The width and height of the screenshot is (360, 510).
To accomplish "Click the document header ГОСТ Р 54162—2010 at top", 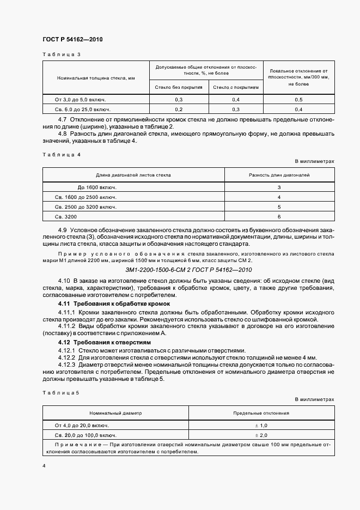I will [72, 40].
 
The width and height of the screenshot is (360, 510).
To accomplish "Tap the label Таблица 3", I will [61, 54].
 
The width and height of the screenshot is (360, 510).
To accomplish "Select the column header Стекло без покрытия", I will [179, 87].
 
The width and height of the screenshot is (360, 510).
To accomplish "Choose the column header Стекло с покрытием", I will [236, 87].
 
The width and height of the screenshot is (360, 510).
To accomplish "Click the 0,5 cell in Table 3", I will [298, 100].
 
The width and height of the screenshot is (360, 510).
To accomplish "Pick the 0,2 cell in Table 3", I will [179, 110].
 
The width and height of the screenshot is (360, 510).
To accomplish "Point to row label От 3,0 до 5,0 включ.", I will [80, 100].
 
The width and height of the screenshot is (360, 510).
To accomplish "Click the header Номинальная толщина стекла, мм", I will [95, 78].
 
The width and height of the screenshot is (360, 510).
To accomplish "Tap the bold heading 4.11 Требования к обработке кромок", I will [114, 303].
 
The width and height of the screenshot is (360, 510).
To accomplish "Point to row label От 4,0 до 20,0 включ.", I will [82, 425].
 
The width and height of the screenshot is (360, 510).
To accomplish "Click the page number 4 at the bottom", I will [44, 466].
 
